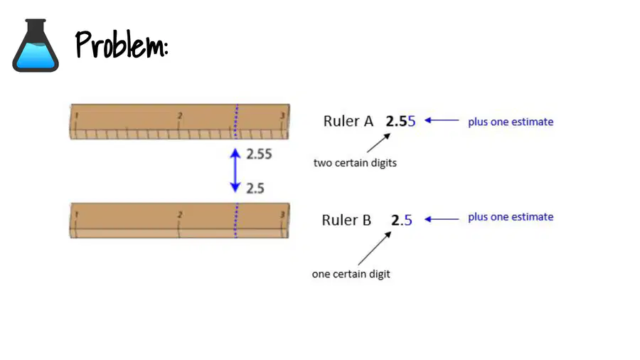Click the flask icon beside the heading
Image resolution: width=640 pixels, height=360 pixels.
(36, 46)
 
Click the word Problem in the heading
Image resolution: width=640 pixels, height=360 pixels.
(121, 45)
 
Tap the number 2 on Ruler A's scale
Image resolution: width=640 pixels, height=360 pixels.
(180, 116)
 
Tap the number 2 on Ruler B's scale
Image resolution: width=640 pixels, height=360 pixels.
(180, 215)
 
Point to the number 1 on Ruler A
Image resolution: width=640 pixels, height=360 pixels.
(76, 116)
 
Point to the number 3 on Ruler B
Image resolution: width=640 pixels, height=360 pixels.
(282, 215)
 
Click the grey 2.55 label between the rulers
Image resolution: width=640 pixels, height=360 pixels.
(259, 154)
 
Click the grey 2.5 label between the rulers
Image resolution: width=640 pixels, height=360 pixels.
(255, 189)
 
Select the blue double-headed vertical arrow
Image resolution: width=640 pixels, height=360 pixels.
(235, 170)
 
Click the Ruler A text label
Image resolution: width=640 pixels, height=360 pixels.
(348, 121)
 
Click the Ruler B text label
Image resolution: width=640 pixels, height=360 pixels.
(346, 221)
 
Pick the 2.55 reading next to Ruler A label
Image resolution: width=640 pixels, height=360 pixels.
(400, 121)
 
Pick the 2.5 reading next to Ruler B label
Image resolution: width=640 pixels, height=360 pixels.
(402, 221)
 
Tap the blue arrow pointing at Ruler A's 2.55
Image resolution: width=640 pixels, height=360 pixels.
(442, 120)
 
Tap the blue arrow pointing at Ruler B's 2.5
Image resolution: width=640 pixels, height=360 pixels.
(442, 219)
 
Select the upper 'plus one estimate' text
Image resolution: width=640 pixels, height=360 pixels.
(511, 122)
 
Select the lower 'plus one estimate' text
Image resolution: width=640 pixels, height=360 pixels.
(511, 217)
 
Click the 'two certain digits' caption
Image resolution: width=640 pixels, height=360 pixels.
(355, 163)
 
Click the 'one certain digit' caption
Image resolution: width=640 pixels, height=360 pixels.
(351, 274)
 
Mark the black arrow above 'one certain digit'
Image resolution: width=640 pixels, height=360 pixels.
(375, 248)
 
